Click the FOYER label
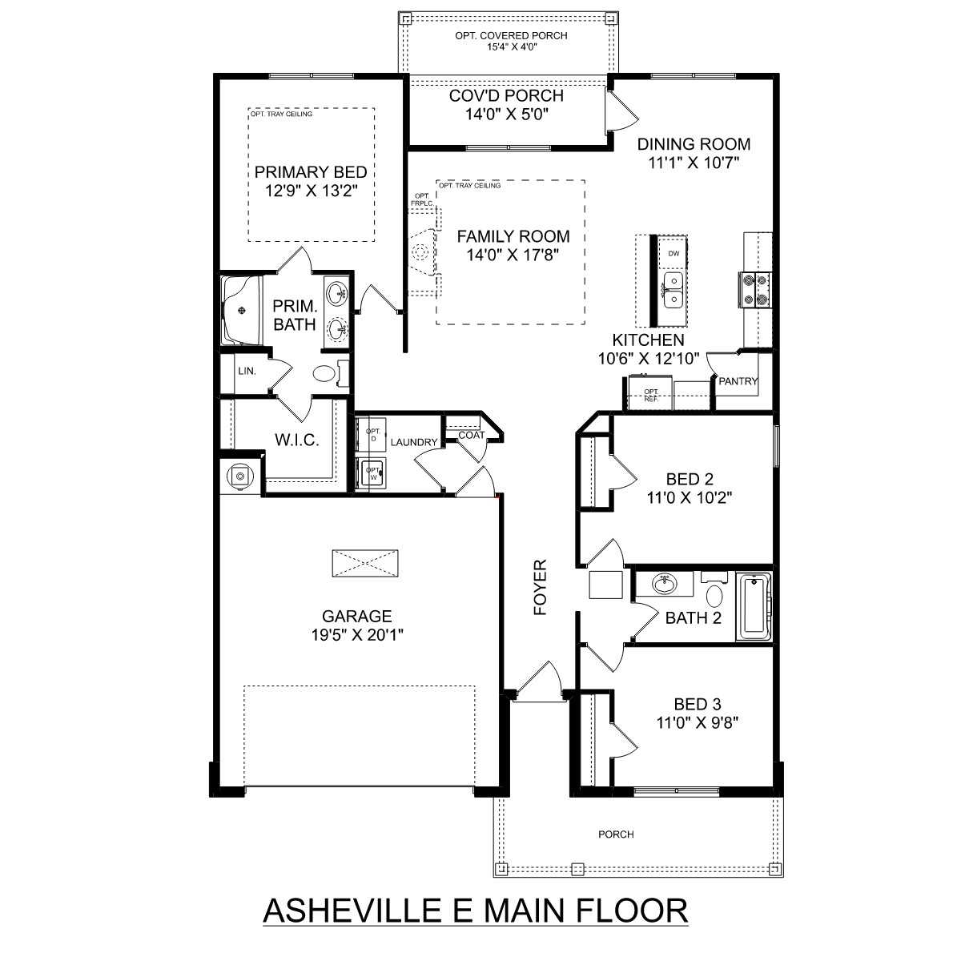(x=541, y=587)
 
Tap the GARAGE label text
(x=356, y=617)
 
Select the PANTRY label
(x=738, y=381)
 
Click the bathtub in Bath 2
(x=754, y=606)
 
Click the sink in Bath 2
(x=664, y=584)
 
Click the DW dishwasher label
(x=674, y=253)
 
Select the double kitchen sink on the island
(x=674, y=290)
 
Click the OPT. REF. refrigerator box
(x=651, y=394)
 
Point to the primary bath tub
(x=243, y=310)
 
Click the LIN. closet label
(x=247, y=371)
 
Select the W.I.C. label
(x=297, y=440)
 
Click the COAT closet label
(x=471, y=435)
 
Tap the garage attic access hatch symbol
(x=365, y=564)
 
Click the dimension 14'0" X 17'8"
(x=513, y=255)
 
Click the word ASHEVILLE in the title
(x=352, y=911)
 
